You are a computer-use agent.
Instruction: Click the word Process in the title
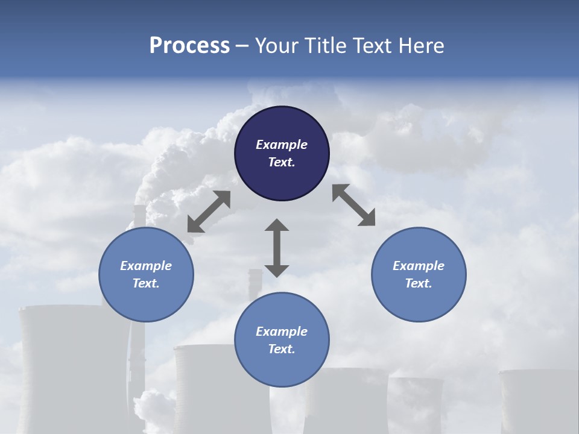[189, 46]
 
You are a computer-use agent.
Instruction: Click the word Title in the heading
[324, 46]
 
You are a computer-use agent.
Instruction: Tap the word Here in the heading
[422, 46]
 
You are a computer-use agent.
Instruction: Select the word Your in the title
[277, 46]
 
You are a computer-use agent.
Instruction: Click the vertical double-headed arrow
[277, 248]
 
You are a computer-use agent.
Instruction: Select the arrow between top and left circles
[209, 212]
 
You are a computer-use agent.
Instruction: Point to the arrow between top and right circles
[353, 205]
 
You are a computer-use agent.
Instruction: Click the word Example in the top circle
[282, 145]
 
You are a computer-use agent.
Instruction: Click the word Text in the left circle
[146, 283]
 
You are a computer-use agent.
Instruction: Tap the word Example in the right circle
[419, 266]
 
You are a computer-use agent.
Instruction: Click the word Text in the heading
[374, 46]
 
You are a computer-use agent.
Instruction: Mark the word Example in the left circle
[146, 266]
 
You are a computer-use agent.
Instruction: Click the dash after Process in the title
[242, 46]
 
